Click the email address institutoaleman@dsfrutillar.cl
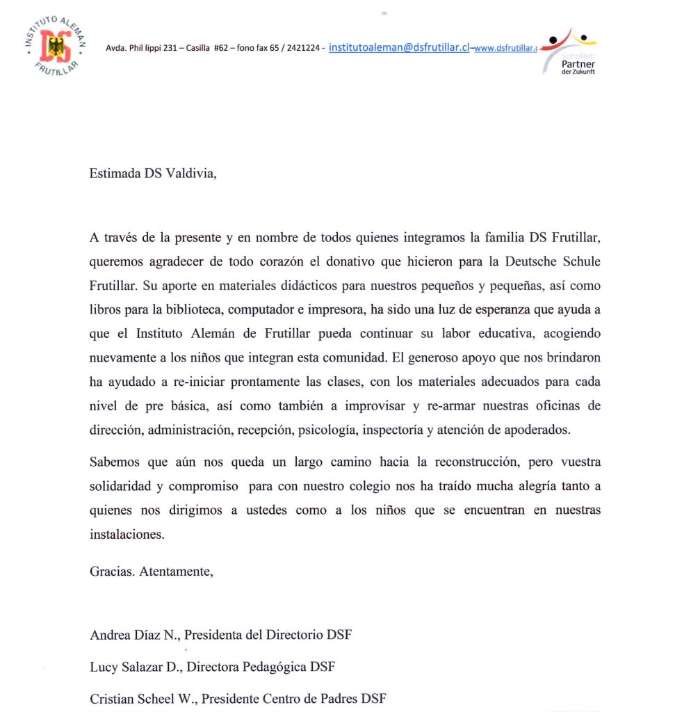(399, 47)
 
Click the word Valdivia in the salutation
(190, 174)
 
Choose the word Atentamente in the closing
(176, 572)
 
